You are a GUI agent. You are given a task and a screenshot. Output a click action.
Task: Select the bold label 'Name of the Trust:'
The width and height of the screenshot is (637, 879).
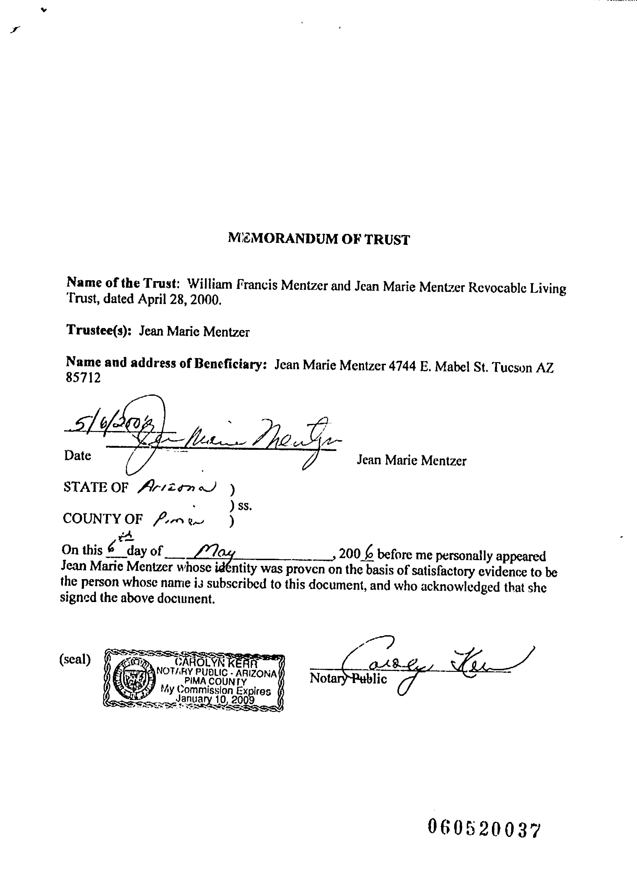pyautogui.click(x=122, y=283)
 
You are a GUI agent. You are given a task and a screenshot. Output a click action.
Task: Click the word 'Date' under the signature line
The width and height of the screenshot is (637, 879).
pyautogui.click(x=78, y=455)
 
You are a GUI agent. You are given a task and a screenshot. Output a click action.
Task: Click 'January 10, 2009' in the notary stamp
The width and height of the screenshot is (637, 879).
pyautogui.click(x=215, y=699)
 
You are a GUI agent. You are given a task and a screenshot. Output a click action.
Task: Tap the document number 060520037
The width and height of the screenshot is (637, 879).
pyautogui.click(x=483, y=829)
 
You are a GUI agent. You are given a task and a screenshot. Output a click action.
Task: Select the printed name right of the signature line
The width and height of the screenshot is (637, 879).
pyautogui.click(x=411, y=460)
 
